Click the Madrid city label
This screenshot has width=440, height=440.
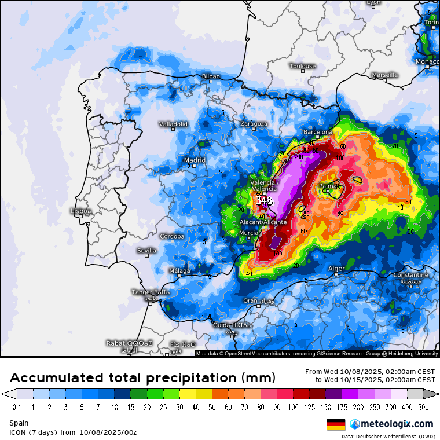pyautogui.click(x=195, y=160)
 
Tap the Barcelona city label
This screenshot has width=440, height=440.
pyautogui.click(x=318, y=132)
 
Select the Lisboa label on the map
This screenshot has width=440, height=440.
pyautogui.click(x=80, y=211)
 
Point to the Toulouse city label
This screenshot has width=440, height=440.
pyautogui.click(x=303, y=66)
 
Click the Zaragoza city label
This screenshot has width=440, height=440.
pyautogui.click(x=254, y=123)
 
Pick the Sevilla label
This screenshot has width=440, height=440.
pyautogui.click(x=146, y=251)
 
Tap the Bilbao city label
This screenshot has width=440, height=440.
pyautogui.click(x=211, y=76)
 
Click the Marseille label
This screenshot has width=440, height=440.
pyautogui.click(x=385, y=75)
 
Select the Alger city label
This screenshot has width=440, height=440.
pyautogui.click(x=336, y=269)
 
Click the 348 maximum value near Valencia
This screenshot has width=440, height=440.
pyautogui.click(x=264, y=201)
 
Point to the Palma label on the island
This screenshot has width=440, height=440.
pyautogui.click(x=330, y=186)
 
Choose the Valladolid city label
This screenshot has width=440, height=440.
pyautogui.click(x=174, y=124)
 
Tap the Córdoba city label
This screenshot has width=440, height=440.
pyautogui.click(x=172, y=236)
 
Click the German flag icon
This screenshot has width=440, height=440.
pyautogui.click(x=336, y=424)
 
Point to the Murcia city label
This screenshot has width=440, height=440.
pyautogui.click(x=248, y=233)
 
